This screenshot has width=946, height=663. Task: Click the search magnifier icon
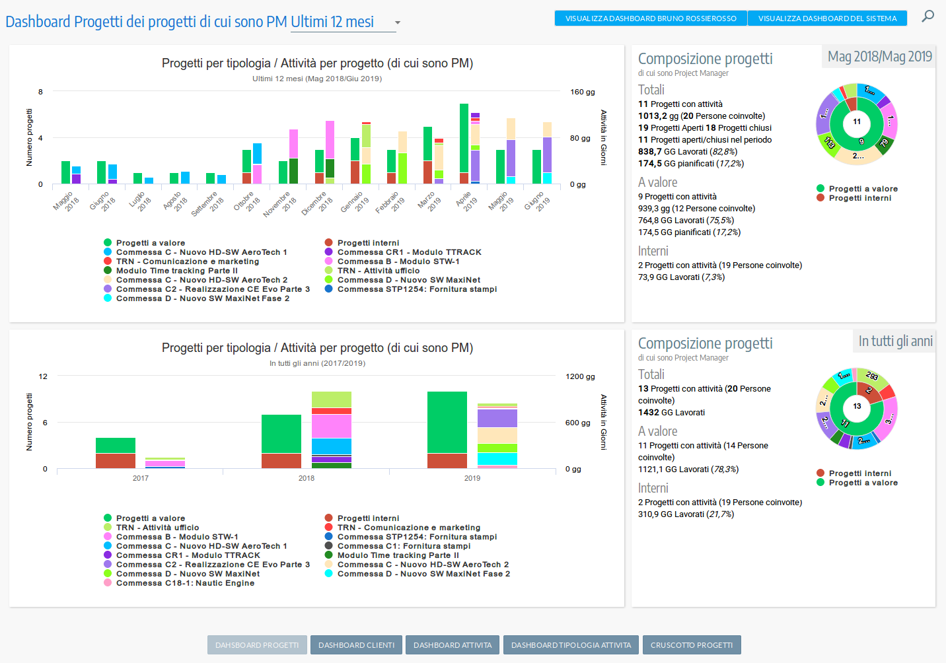[928, 16]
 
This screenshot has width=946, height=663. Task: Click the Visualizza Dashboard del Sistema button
[827, 18]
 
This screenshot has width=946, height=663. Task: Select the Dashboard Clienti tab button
[356, 645]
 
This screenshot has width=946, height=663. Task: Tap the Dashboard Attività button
[453, 645]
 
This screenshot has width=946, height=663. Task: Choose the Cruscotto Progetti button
[691, 645]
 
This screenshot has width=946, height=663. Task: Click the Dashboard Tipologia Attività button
[571, 645]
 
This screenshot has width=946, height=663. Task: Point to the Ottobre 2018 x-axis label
[248, 202]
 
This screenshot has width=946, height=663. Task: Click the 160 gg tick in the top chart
[582, 92]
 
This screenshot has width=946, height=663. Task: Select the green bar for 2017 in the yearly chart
[116, 445]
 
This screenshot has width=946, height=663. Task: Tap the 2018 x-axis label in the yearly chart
[307, 478]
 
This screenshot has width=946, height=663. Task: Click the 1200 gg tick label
[580, 376]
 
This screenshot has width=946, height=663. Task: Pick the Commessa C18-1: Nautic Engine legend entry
[185, 583]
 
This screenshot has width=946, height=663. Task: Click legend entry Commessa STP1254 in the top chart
[416, 289]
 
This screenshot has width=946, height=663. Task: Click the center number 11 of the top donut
[857, 122]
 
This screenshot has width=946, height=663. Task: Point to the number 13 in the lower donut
[857, 406]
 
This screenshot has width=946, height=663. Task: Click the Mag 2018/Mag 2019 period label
[879, 57]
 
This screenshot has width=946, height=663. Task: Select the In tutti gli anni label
[895, 341]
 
